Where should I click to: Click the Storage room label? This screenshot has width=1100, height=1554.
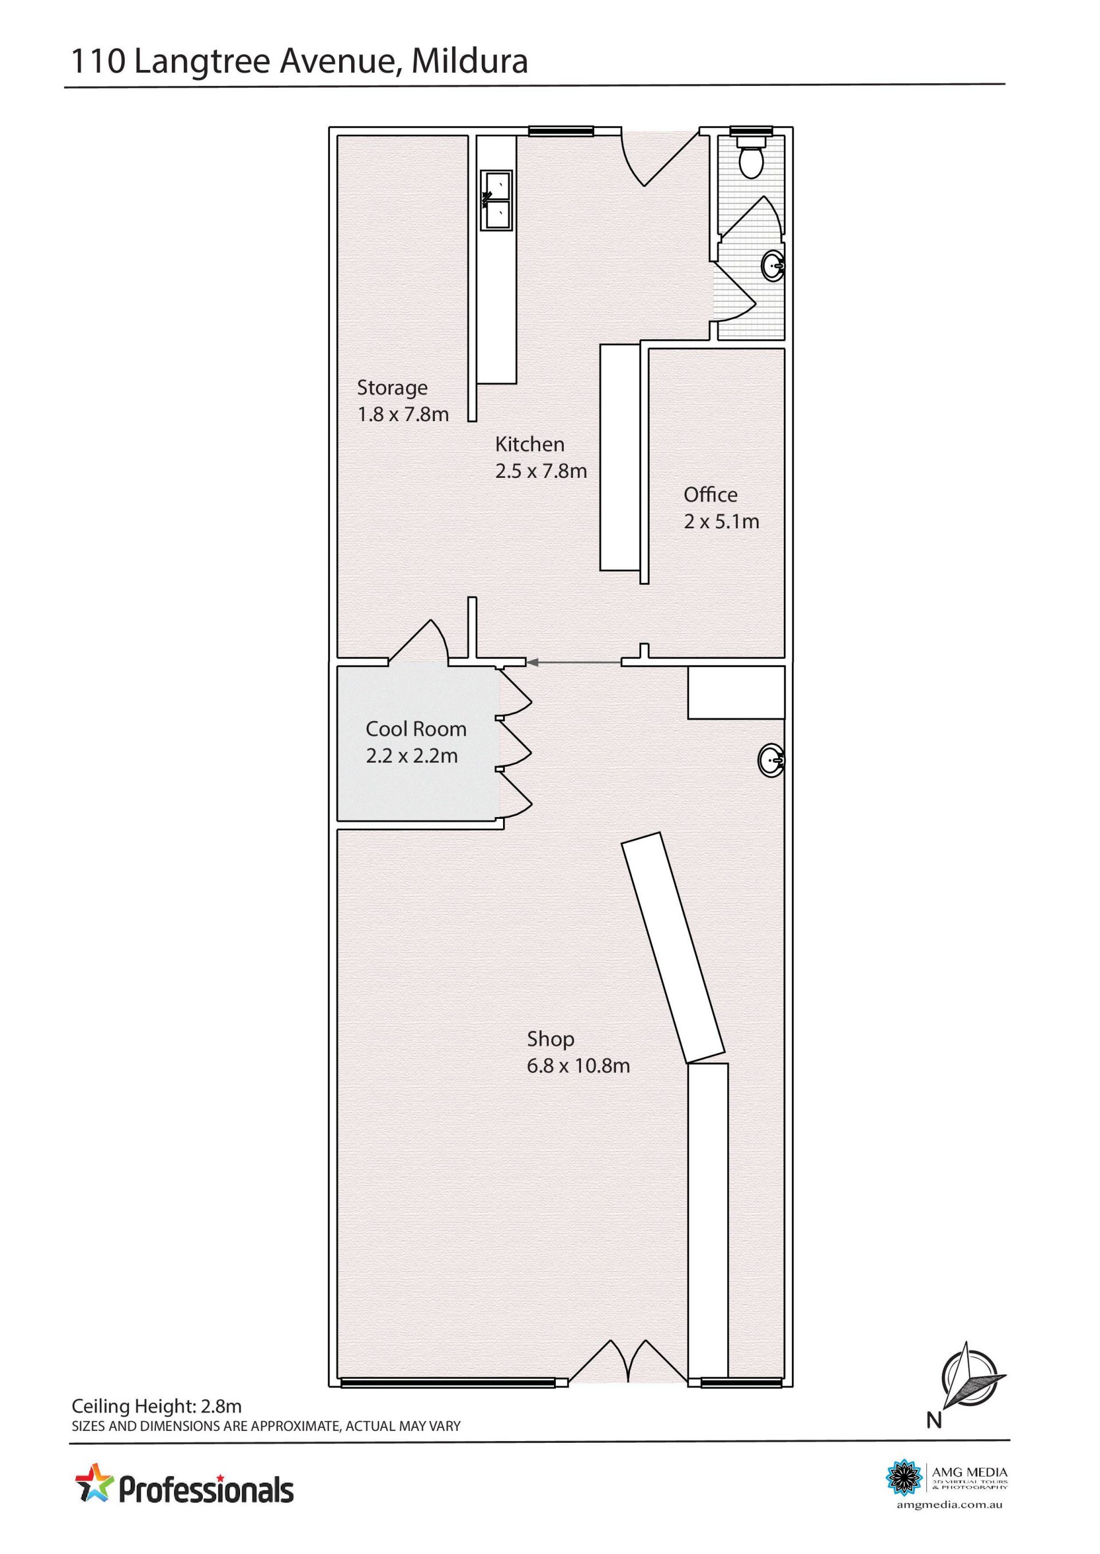point(392,387)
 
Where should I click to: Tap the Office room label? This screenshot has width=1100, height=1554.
point(710,495)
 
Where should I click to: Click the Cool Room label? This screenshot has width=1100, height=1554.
point(416,729)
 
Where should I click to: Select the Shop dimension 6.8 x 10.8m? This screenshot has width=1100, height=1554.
point(579,1066)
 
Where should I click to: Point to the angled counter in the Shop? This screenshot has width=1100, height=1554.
point(673,948)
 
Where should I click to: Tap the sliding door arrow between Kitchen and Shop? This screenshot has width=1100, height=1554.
point(575,661)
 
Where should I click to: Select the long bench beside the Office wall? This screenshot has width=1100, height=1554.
point(620,457)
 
